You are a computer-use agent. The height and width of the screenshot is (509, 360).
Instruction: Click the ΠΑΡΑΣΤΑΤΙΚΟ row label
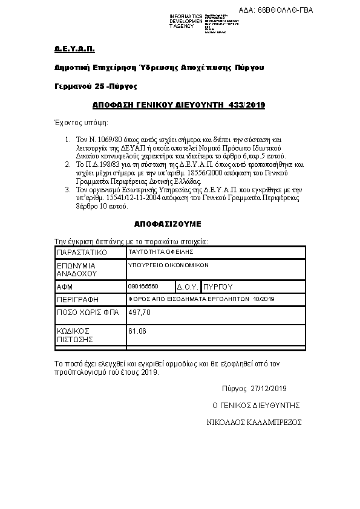point(82,251)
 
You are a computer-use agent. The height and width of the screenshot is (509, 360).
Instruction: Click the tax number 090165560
point(143,285)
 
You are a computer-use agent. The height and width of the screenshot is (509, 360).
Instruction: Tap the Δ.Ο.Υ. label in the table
point(188,287)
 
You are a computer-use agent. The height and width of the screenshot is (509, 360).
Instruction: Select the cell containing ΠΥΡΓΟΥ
point(218,287)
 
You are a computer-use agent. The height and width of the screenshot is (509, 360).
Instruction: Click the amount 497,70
point(140,313)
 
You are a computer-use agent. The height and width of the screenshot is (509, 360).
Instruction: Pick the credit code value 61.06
point(137,331)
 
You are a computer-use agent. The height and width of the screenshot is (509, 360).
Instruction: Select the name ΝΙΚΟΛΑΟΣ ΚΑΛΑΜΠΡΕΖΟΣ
point(254,422)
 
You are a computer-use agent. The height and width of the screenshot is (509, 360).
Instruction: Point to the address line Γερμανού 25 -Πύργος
point(97,86)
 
